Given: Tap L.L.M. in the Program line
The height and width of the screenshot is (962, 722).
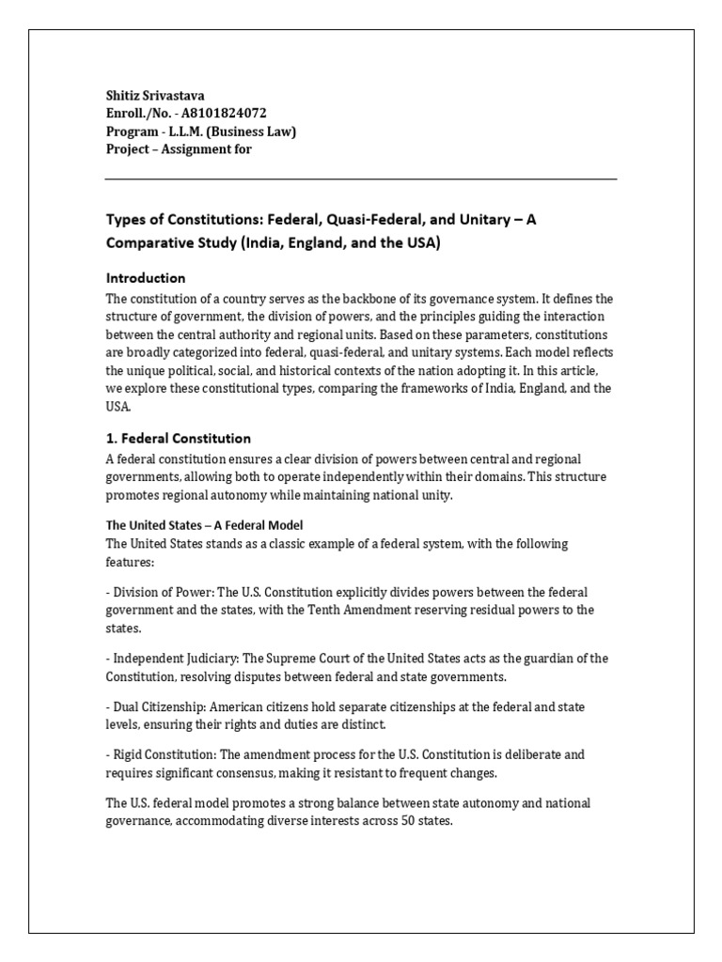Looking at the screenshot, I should coord(187,132).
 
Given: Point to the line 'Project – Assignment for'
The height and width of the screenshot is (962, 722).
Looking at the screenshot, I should coord(179,149).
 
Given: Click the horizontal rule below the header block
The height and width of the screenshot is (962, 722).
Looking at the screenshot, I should coord(361,178).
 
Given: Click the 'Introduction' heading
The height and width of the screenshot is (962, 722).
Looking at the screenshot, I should coord(146,278).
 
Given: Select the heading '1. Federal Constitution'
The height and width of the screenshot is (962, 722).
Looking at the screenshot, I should coord(179,439).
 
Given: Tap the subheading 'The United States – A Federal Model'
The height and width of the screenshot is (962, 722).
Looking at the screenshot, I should coord(205,525).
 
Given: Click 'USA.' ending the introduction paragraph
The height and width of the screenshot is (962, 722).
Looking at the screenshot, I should coord(118,407).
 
